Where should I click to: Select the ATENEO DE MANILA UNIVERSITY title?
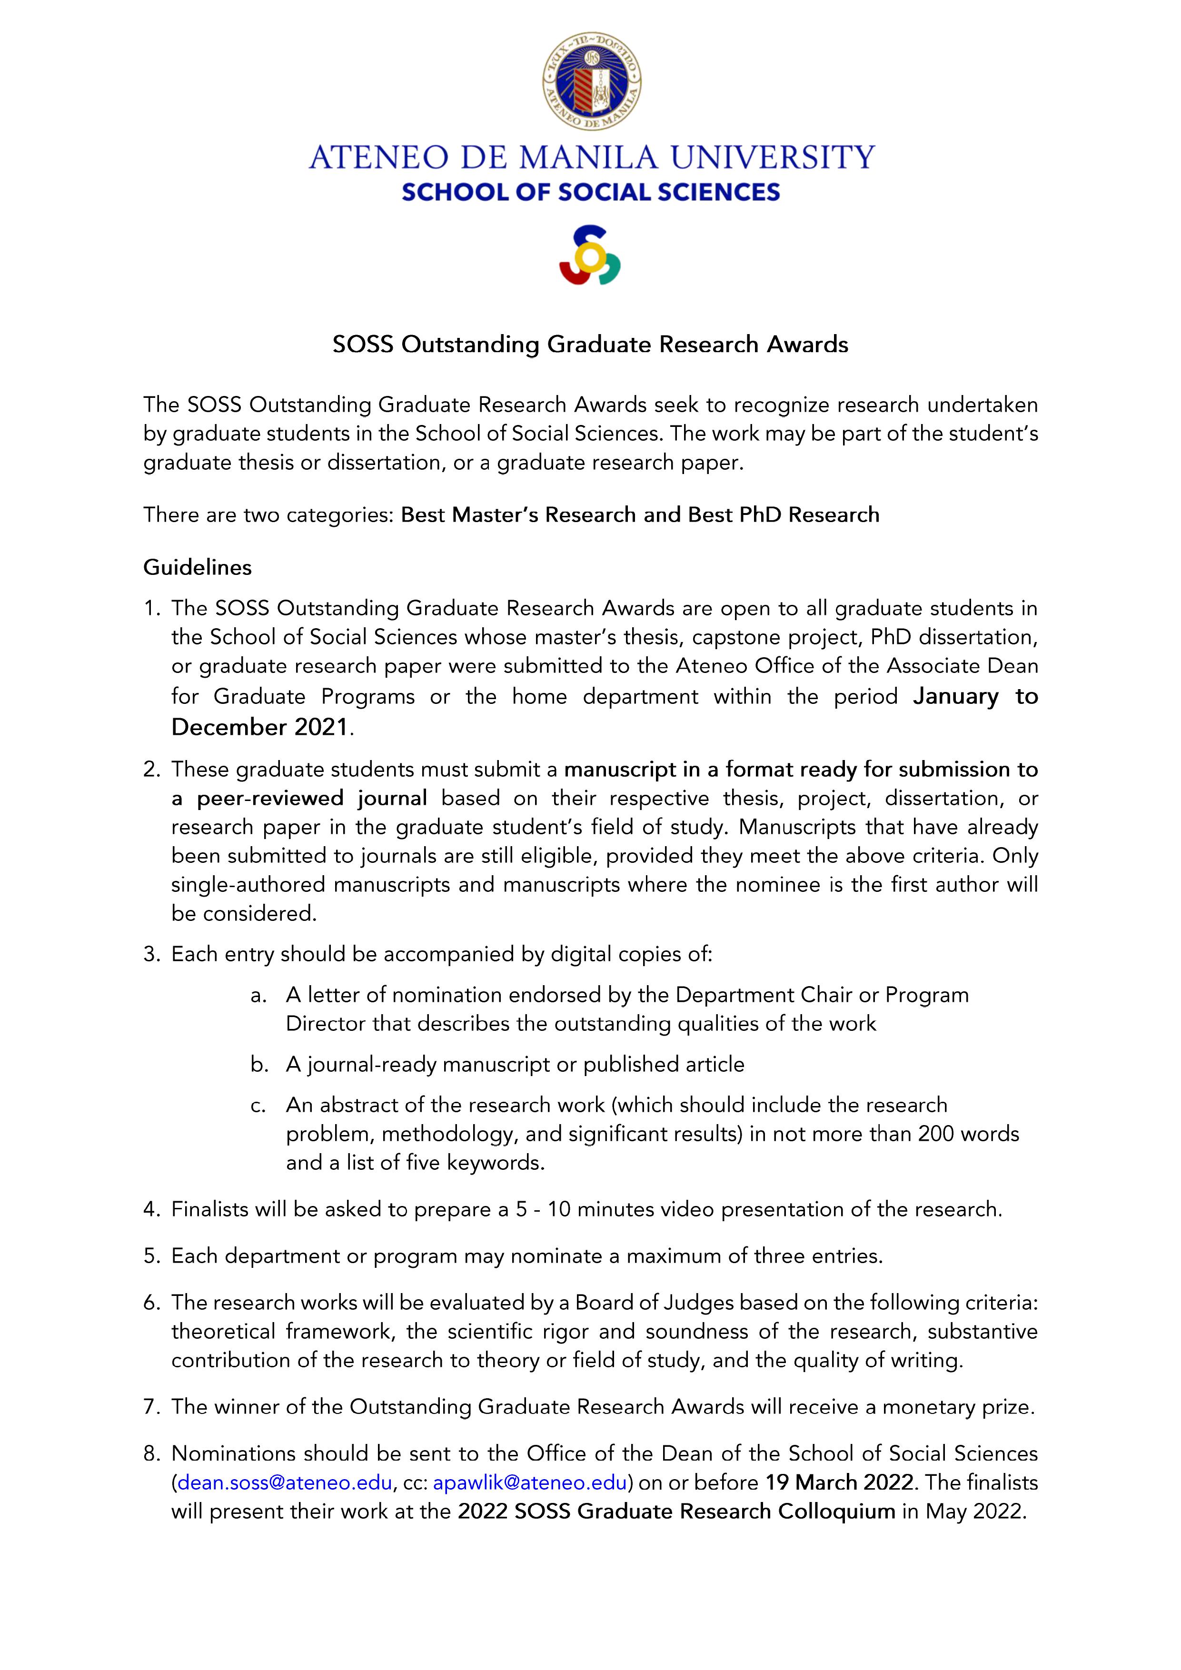[x=591, y=157]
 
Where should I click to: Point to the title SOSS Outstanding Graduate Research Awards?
[x=590, y=344]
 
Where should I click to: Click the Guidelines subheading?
[x=197, y=567]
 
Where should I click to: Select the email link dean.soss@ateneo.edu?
[x=285, y=1482]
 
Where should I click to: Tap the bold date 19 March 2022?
[x=839, y=1482]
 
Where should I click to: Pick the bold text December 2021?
[x=260, y=727]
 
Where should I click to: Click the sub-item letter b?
[x=258, y=1065]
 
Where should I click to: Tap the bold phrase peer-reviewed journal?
[x=311, y=799]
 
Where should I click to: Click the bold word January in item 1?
[x=955, y=697]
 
